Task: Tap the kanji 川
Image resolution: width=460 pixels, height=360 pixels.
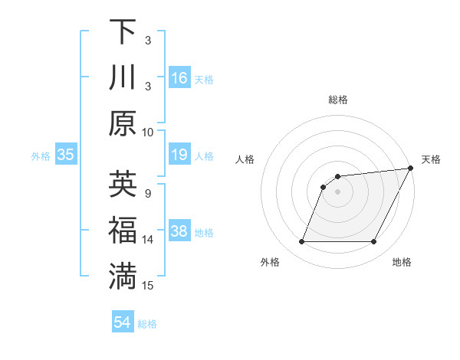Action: (123, 78)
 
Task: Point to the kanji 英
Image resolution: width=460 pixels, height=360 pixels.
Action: (123, 185)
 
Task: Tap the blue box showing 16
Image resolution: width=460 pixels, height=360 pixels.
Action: (179, 78)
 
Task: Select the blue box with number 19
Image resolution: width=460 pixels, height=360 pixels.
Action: (179, 155)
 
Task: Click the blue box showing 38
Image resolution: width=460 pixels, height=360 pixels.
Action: (179, 231)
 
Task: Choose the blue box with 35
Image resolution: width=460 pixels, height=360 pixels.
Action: (66, 155)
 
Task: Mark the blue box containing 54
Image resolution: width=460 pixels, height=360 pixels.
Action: (123, 323)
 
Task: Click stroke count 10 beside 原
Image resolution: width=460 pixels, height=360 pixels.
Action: (148, 132)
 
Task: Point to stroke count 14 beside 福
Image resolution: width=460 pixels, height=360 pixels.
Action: (148, 239)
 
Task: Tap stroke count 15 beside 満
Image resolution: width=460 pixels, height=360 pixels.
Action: (148, 286)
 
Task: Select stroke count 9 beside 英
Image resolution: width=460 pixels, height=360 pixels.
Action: (148, 192)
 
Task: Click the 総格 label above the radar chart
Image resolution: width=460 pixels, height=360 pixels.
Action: (338, 100)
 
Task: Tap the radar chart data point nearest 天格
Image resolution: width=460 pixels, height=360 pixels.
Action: (410, 169)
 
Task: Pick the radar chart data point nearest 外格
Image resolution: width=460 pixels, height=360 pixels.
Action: (301, 242)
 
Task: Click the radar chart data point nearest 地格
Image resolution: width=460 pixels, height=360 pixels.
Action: (374, 242)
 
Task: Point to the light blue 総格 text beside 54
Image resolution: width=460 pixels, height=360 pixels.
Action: (147, 324)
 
